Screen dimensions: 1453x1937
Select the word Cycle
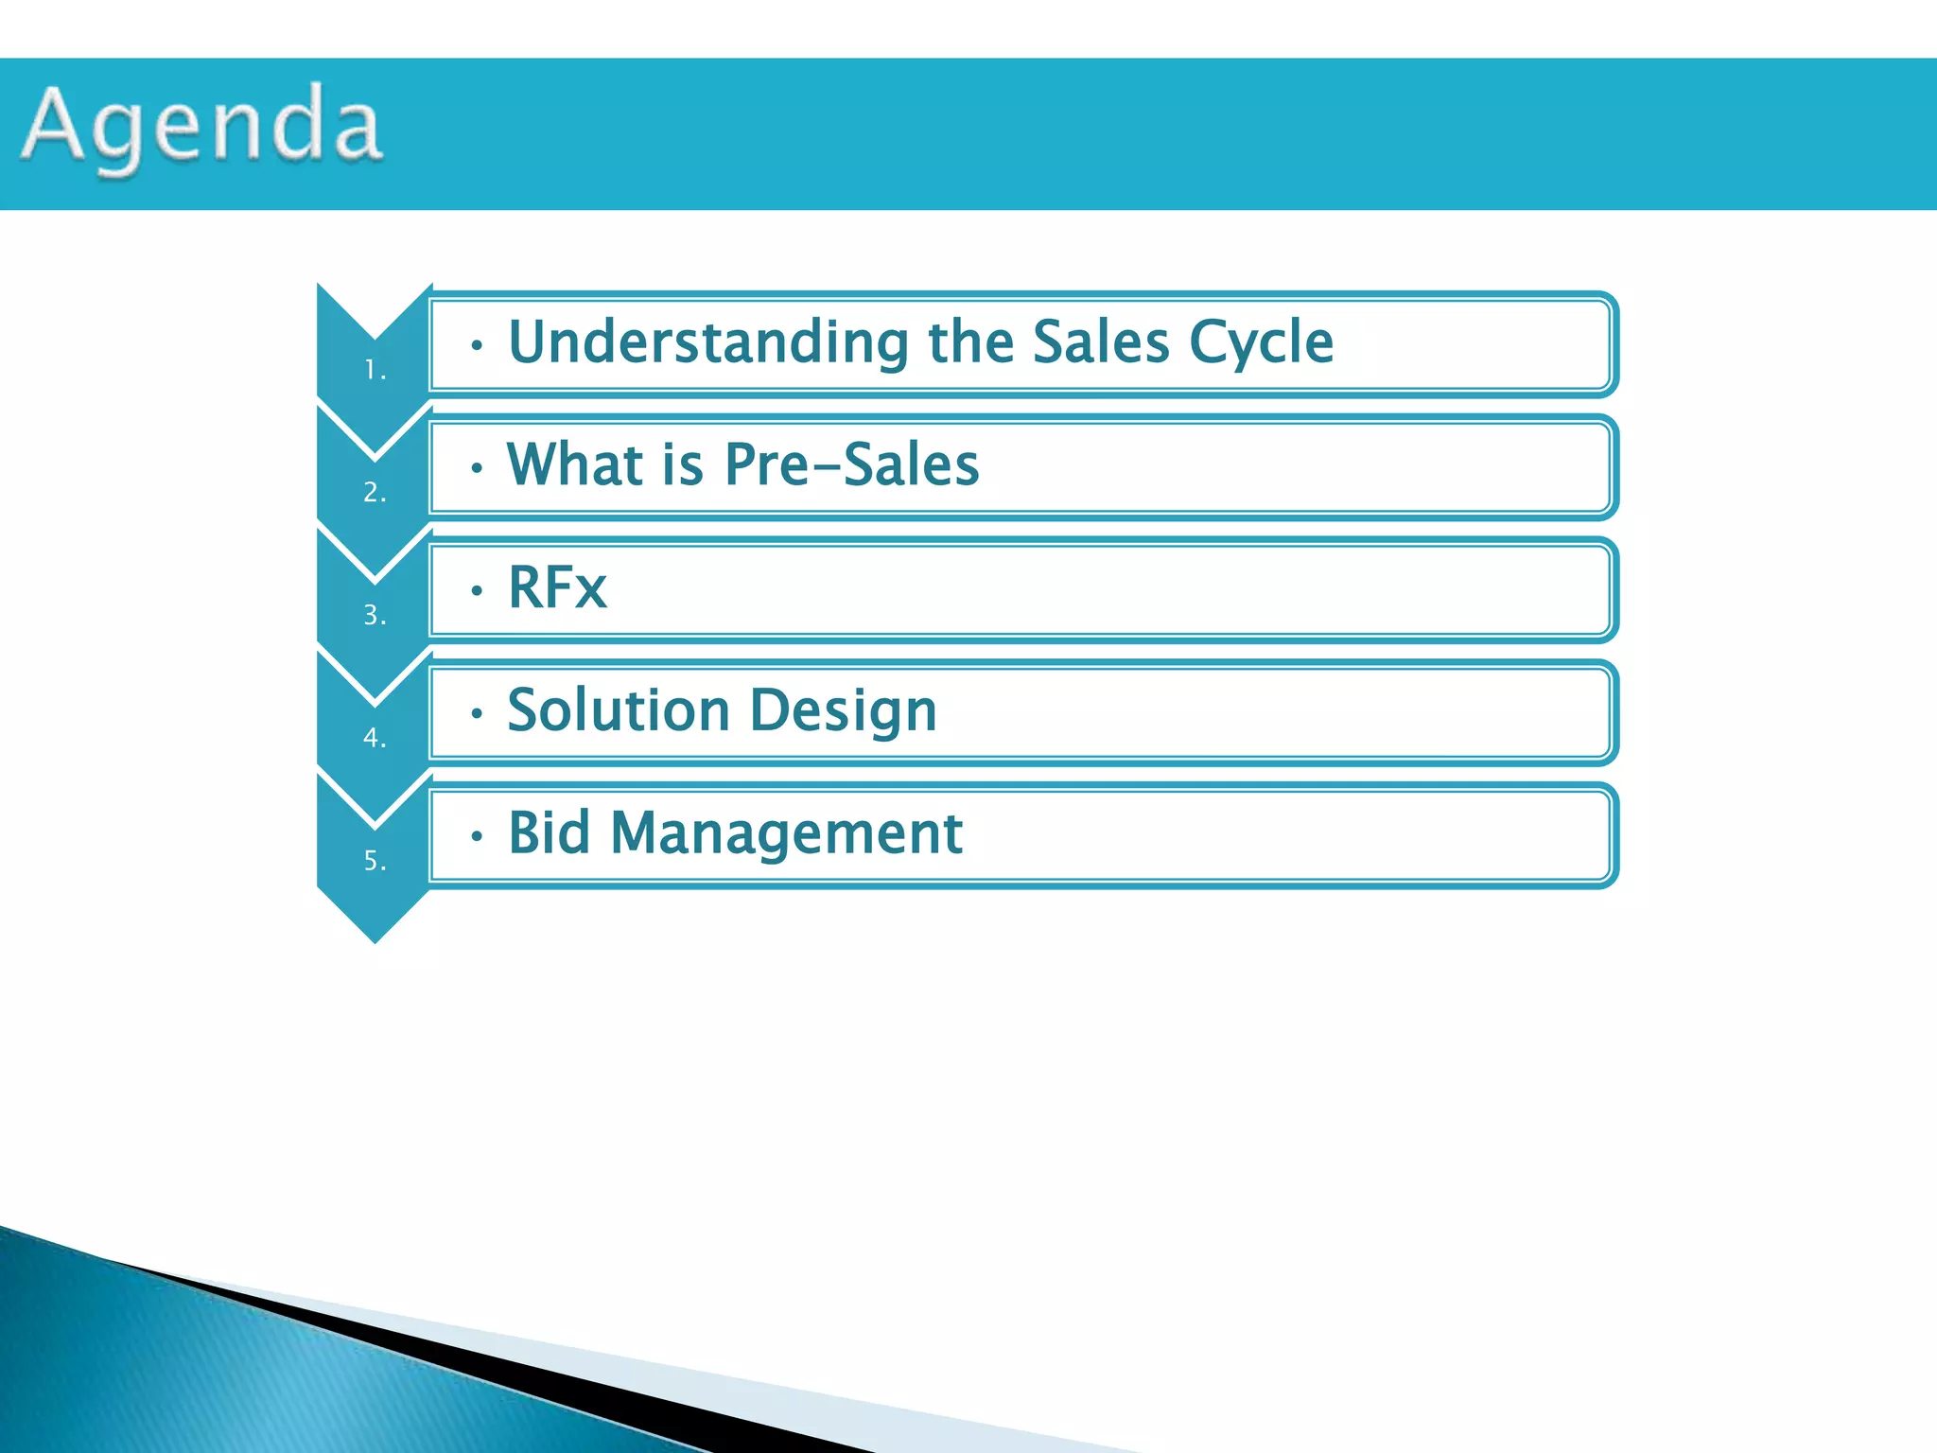point(1261,341)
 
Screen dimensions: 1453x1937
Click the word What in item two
point(575,464)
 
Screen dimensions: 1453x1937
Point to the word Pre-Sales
point(851,464)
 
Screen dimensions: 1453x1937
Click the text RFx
point(557,587)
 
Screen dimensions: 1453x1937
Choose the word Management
point(786,834)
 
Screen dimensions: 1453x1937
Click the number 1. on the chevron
point(375,370)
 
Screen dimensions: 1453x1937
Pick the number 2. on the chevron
point(375,492)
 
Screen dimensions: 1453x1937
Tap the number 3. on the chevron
point(375,615)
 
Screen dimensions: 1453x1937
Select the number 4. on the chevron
point(375,737)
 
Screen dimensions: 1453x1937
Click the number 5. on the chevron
point(375,860)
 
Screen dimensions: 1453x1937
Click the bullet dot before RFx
point(478,591)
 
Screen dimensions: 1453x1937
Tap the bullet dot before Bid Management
point(478,836)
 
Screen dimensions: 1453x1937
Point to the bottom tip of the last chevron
point(375,939)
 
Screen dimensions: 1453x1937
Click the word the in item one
point(971,341)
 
